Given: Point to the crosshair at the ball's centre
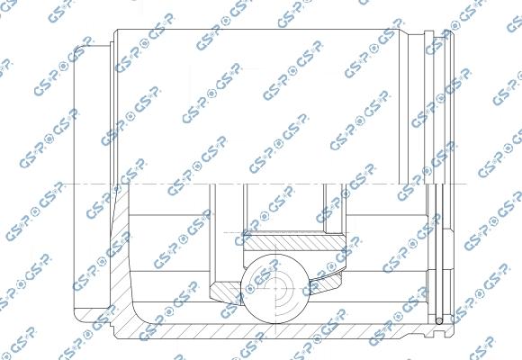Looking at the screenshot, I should [x=277, y=290].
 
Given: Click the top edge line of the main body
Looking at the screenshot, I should [x=270, y=30].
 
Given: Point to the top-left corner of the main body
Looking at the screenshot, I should [x=114, y=31].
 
